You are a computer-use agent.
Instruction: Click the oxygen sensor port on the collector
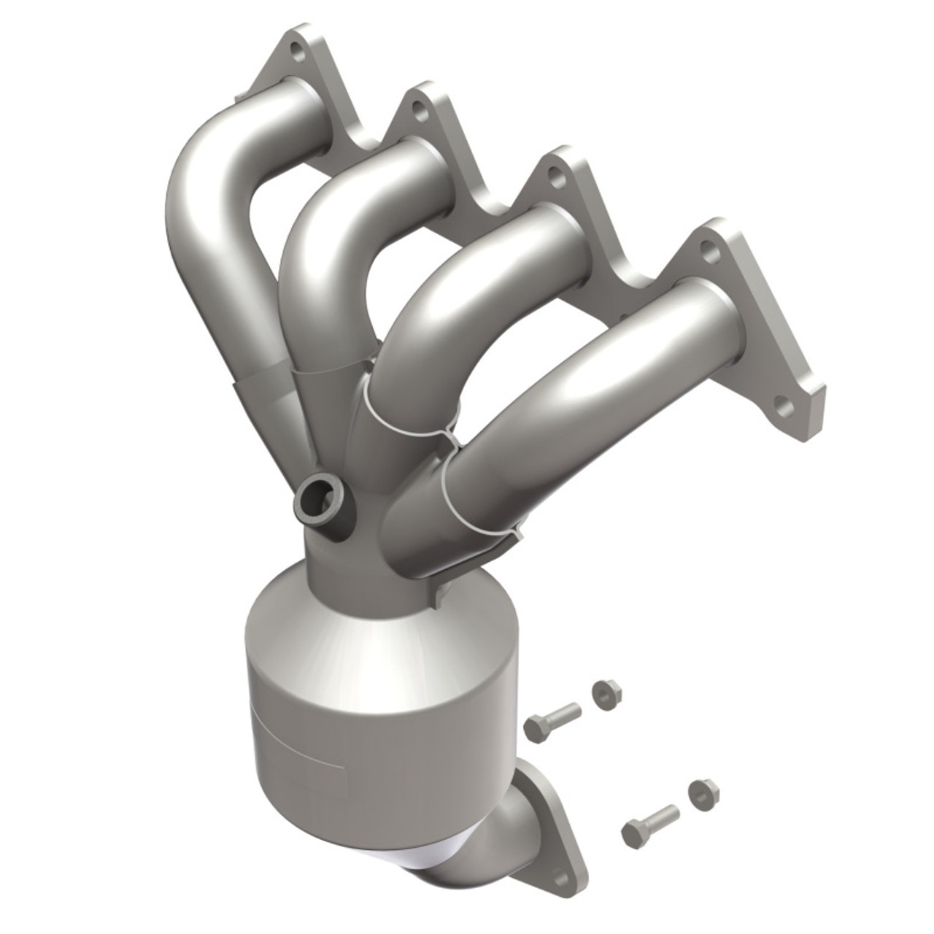click(320, 501)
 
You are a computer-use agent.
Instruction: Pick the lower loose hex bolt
click(649, 822)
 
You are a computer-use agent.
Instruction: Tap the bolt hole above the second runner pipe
click(419, 111)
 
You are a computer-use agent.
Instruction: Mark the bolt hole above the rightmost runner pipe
click(707, 250)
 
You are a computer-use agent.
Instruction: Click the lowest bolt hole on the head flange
click(784, 407)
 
